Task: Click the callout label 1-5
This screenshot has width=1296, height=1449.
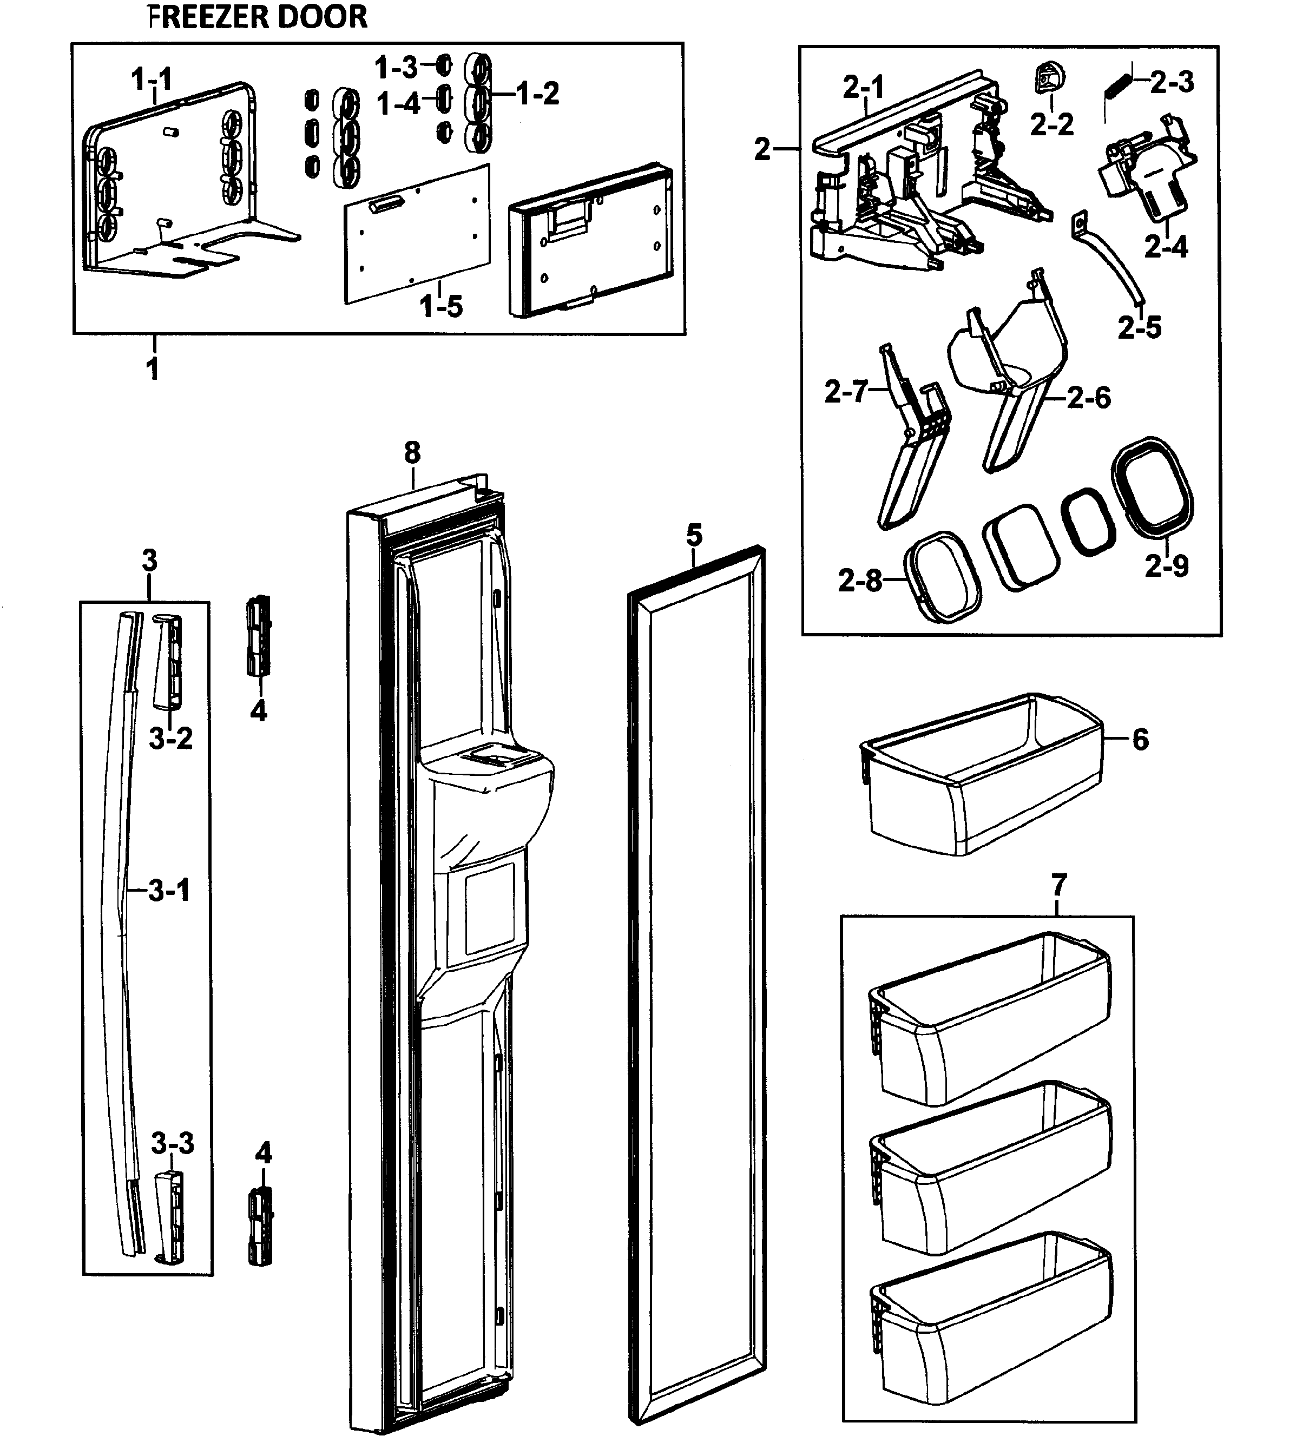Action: (441, 307)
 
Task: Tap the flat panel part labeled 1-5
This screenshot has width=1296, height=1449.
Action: (417, 235)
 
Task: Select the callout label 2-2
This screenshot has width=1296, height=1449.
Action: (1052, 124)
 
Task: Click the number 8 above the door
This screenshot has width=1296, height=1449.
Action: (412, 453)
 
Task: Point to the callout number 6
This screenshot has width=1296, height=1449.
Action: (1140, 739)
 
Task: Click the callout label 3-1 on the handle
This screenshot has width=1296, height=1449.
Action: (169, 890)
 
